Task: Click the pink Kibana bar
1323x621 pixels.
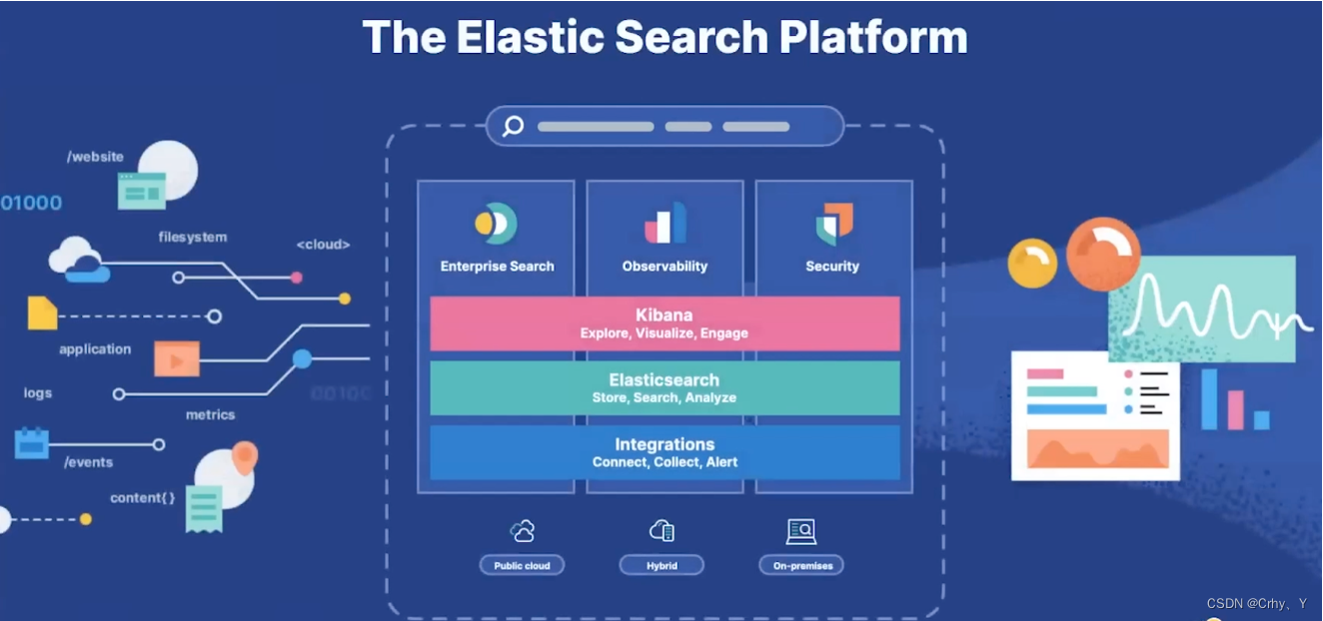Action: click(x=664, y=323)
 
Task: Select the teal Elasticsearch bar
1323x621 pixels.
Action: click(x=664, y=387)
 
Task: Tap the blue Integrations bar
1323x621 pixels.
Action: click(x=664, y=452)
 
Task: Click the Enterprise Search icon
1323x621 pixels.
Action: click(x=496, y=224)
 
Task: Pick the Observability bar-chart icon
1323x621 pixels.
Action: click(x=665, y=224)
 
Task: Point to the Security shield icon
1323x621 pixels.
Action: click(x=833, y=224)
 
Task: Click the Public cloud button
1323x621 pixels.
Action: click(x=522, y=565)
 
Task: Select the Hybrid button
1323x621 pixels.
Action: click(x=661, y=565)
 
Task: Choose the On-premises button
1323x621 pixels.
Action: click(x=801, y=565)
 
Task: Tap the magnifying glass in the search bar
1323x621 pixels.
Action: click(x=514, y=127)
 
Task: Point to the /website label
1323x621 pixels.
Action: click(x=96, y=157)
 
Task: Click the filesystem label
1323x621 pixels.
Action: click(x=193, y=238)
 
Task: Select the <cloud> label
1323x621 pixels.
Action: click(x=323, y=245)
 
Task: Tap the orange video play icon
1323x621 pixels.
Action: click(x=177, y=358)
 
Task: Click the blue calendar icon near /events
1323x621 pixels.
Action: click(x=32, y=442)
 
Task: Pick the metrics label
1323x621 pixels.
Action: click(x=210, y=414)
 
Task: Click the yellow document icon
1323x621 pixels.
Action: click(x=42, y=313)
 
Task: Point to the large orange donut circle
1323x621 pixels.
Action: click(x=1103, y=254)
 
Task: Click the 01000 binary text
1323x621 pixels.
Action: click(x=32, y=203)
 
